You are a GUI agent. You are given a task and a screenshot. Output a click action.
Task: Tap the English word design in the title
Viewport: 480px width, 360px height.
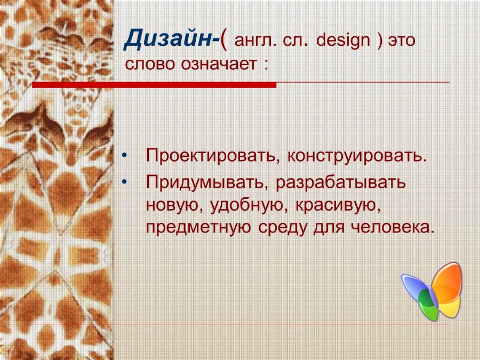(x=345, y=41)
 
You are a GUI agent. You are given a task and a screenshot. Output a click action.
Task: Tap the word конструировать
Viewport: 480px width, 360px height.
(x=357, y=157)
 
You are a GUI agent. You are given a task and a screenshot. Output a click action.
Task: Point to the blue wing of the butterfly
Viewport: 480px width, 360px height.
(x=414, y=287)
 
